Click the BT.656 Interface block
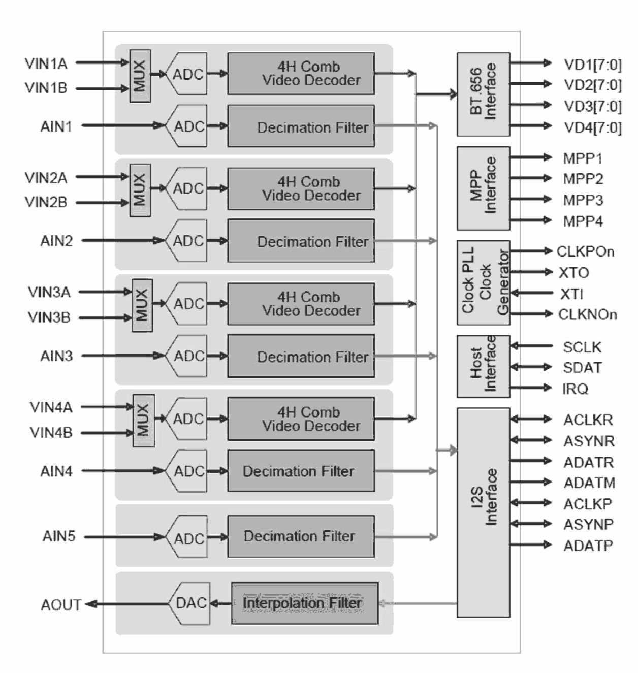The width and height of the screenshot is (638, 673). (483, 94)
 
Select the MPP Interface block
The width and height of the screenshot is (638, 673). (483, 188)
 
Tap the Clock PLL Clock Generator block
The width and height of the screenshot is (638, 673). (483, 282)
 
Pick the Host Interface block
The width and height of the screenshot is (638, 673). (483, 366)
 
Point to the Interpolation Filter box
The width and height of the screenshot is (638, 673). (305, 603)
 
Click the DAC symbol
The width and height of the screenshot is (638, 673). (190, 603)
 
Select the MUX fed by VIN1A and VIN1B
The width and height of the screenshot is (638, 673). (140, 76)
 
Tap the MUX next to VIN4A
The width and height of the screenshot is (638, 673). (143, 420)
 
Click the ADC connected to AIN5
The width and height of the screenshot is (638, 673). (188, 537)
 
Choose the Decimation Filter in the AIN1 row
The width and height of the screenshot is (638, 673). (301, 126)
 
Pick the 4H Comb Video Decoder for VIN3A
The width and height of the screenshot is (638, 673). (301, 304)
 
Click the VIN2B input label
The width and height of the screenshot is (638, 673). (46, 202)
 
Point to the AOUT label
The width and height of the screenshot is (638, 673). (60, 605)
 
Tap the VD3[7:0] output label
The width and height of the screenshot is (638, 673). (592, 106)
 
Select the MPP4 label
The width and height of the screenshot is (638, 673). (583, 221)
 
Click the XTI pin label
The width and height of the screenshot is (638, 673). (571, 294)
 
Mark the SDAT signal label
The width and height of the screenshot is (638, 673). (582, 367)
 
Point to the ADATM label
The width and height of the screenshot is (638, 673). (589, 483)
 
